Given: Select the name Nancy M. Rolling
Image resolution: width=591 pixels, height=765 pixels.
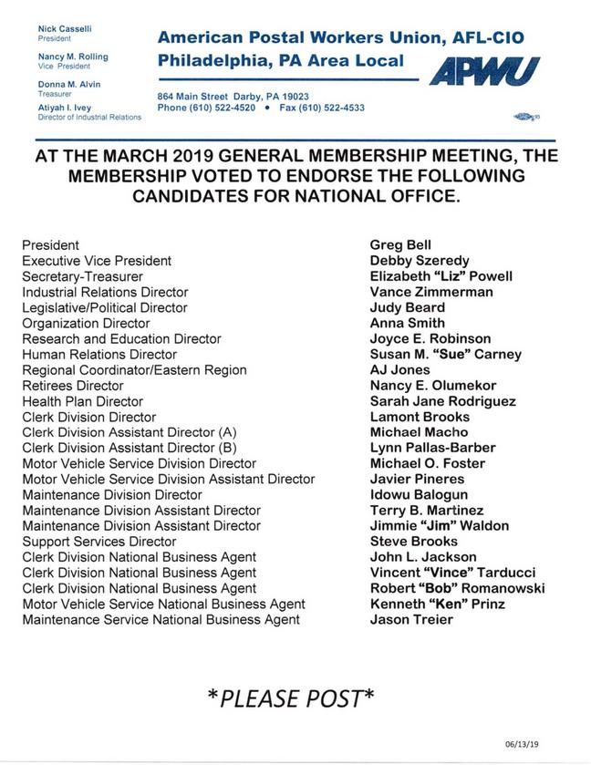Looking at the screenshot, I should point(73,57).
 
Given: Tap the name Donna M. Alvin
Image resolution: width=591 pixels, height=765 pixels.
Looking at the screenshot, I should point(69,84).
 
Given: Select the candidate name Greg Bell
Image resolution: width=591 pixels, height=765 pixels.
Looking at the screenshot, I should point(400,245).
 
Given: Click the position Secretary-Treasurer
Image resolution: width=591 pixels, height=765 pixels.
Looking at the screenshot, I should point(82,276).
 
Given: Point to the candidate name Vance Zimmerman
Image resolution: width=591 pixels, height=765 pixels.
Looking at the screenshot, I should point(431,292).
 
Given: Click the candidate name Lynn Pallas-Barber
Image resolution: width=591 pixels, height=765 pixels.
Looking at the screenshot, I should point(432,448).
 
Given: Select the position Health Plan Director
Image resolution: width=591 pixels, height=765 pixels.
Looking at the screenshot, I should point(82,401).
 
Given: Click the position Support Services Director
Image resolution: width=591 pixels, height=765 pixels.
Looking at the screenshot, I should point(99,542).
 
